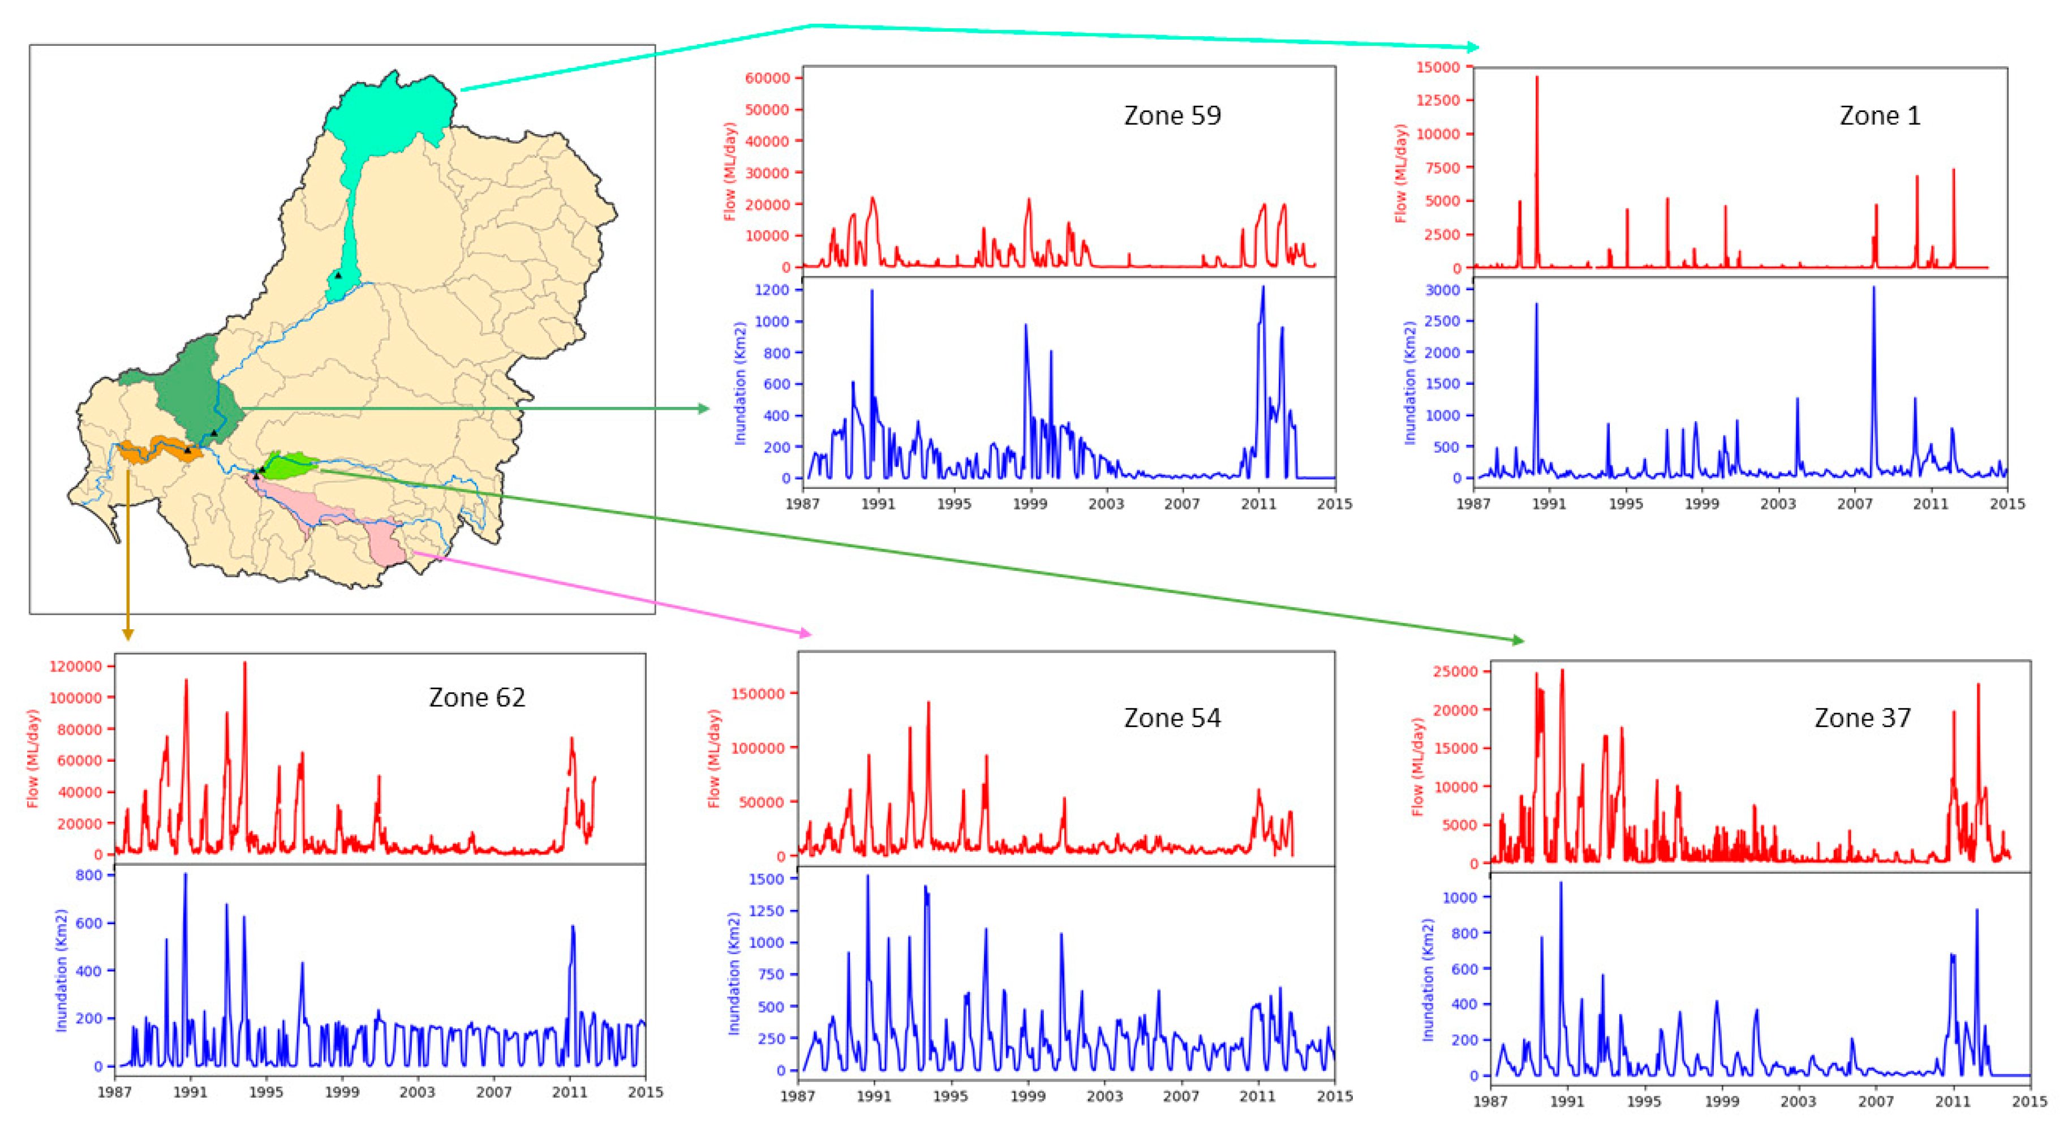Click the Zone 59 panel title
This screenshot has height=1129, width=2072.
click(1171, 116)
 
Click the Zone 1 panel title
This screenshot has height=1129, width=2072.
click(1879, 116)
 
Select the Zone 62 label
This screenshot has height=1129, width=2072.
click(476, 697)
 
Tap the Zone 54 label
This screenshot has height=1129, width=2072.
click(1171, 718)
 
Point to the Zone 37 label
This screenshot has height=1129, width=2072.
click(1862, 718)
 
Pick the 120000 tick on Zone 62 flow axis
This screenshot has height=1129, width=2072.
click(76, 666)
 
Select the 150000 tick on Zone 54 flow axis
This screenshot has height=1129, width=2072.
click(757, 694)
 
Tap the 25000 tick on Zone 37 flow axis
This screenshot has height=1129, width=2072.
click(1455, 671)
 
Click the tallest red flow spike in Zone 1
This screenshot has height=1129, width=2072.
click(1536, 78)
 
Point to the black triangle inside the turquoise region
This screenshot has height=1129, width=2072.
click(338, 275)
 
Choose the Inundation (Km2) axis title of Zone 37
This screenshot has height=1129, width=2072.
click(1428, 980)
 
